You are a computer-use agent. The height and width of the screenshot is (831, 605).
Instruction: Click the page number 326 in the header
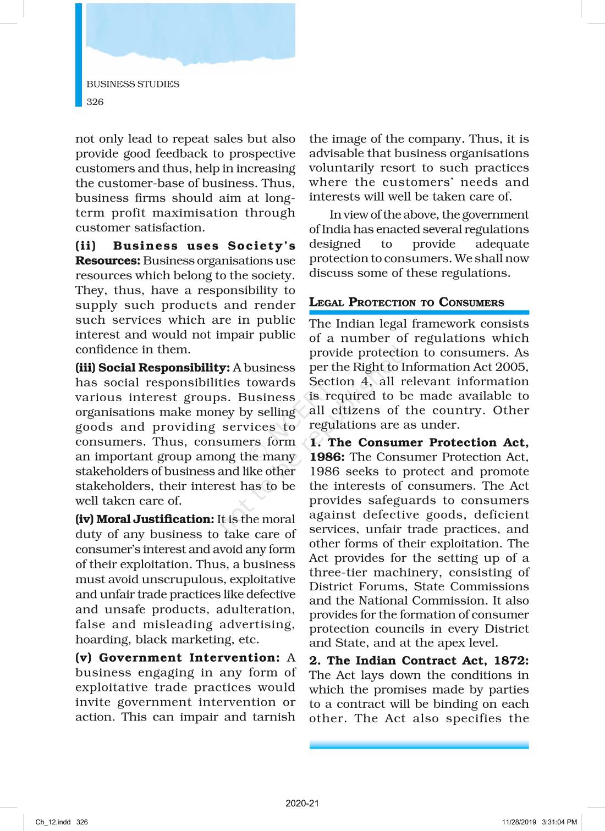(x=95, y=102)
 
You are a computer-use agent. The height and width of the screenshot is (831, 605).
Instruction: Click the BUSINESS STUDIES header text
(x=133, y=84)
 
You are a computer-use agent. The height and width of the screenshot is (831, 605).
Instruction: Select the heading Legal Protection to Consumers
(x=406, y=302)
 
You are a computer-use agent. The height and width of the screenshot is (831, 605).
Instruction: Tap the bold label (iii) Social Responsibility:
(x=152, y=368)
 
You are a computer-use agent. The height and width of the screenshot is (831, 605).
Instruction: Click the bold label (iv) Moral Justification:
(x=145, y=519)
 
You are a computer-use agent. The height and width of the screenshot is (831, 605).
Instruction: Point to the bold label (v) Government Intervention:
(x=178, y=658)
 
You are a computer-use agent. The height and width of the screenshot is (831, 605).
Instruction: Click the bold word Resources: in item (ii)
(x=108, y=261)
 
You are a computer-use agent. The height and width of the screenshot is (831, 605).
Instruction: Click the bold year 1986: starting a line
(x=327, y=457)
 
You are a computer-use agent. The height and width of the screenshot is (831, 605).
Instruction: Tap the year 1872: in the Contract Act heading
(x=511, y=661)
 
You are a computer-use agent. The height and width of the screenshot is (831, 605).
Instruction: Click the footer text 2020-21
(x=302, y=803)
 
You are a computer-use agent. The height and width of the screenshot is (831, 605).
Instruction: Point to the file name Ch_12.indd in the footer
(x=53, y=822)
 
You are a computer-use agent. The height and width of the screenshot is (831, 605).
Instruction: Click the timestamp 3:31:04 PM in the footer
(x=559, y=822)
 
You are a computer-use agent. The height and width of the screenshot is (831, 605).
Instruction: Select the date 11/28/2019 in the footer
(x=519, y=822)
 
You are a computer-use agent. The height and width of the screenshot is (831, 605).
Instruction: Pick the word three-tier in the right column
(x=338, y=572)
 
